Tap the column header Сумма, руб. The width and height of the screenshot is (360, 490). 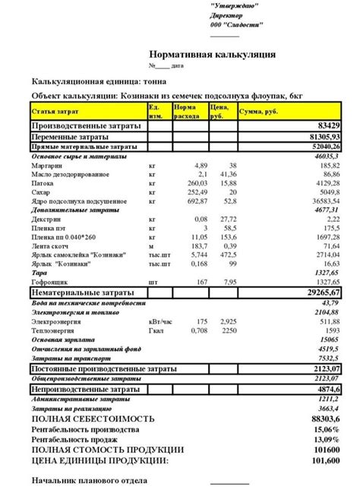261,112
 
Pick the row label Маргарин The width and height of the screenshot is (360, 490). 47,164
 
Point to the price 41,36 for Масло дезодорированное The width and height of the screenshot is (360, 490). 228,174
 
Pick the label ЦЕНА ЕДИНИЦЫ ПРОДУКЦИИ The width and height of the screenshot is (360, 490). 99,460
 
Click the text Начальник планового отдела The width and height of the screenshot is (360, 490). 89,480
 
